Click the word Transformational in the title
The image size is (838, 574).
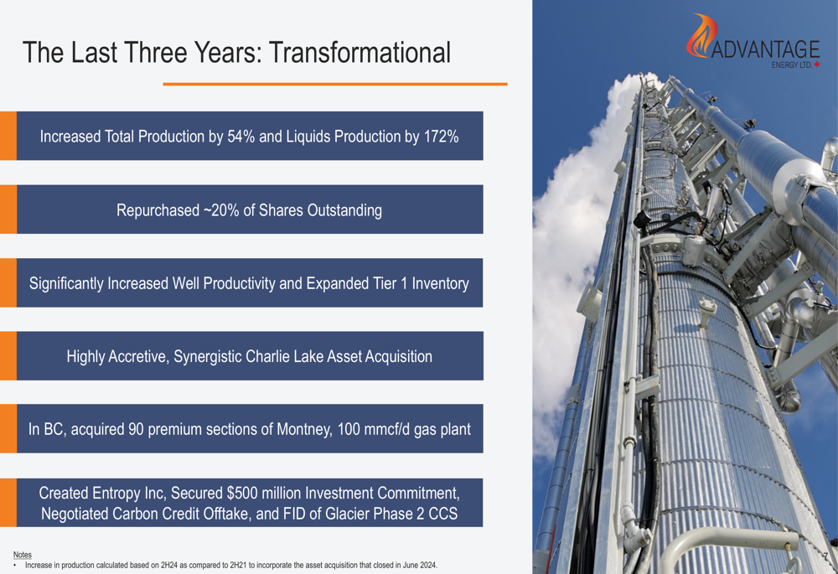point(360,53)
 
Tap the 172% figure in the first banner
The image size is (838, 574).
point(441,137)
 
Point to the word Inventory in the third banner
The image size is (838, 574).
point(441,283)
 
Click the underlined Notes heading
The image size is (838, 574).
point(23,555)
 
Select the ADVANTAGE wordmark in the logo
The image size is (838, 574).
point(765,49)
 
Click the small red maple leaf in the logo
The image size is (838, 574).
point(816,65)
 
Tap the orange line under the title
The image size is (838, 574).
point(335,84)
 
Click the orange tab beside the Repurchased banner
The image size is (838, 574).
point(8,209)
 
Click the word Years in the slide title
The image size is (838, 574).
point(227,53)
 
